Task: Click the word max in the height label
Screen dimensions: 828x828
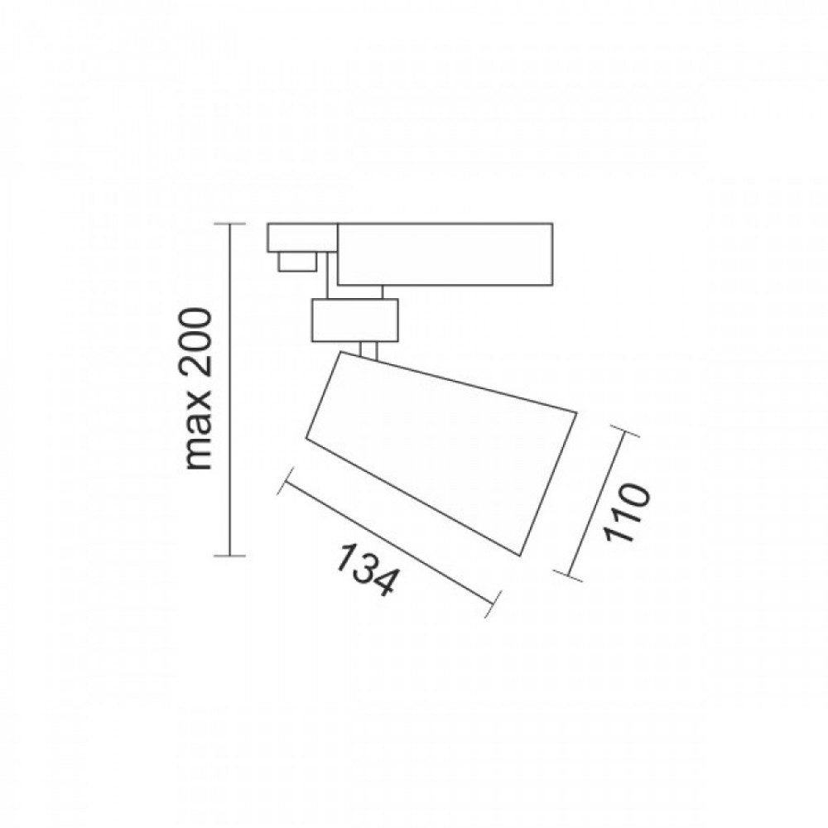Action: click(199, 438)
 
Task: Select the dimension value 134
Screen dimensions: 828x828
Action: click(364, 570)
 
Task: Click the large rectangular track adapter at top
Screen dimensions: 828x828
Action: click(445, 253)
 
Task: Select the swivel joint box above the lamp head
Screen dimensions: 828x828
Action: click(354, 320)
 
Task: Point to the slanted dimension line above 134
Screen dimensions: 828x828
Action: click(389, 544)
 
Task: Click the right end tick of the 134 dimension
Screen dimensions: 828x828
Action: click(494, 603)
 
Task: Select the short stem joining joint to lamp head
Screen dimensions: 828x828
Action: click(370, 349)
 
